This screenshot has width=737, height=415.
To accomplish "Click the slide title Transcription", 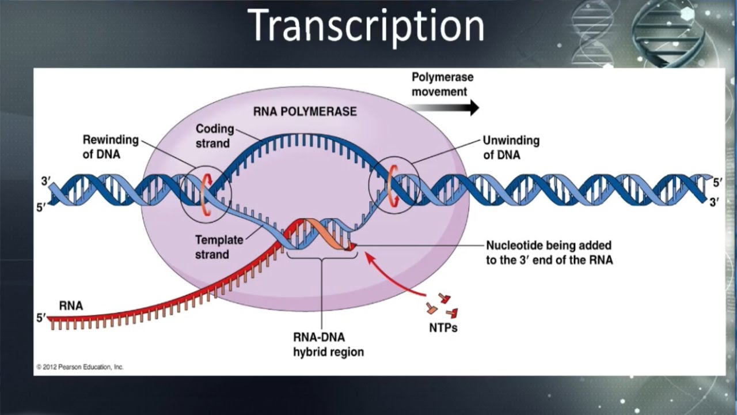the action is (368, 26).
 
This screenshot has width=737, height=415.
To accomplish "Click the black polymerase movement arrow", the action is (443, 107).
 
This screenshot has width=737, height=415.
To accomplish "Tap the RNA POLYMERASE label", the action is (305, 111).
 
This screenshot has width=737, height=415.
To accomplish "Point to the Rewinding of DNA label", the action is (111, 147).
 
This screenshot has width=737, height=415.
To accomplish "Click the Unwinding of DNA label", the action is (511, 147).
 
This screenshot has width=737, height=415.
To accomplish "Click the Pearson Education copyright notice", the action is (80, 367).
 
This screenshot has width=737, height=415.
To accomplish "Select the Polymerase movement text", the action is (442, 84).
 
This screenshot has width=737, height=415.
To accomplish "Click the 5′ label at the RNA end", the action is (41, 317).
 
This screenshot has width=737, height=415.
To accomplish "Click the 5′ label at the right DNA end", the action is (717, 183).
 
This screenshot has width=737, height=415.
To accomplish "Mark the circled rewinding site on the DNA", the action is (206, 194).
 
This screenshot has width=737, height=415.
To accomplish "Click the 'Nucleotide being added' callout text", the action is (549, 252).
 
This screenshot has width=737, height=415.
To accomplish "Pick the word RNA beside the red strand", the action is (71, 306).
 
